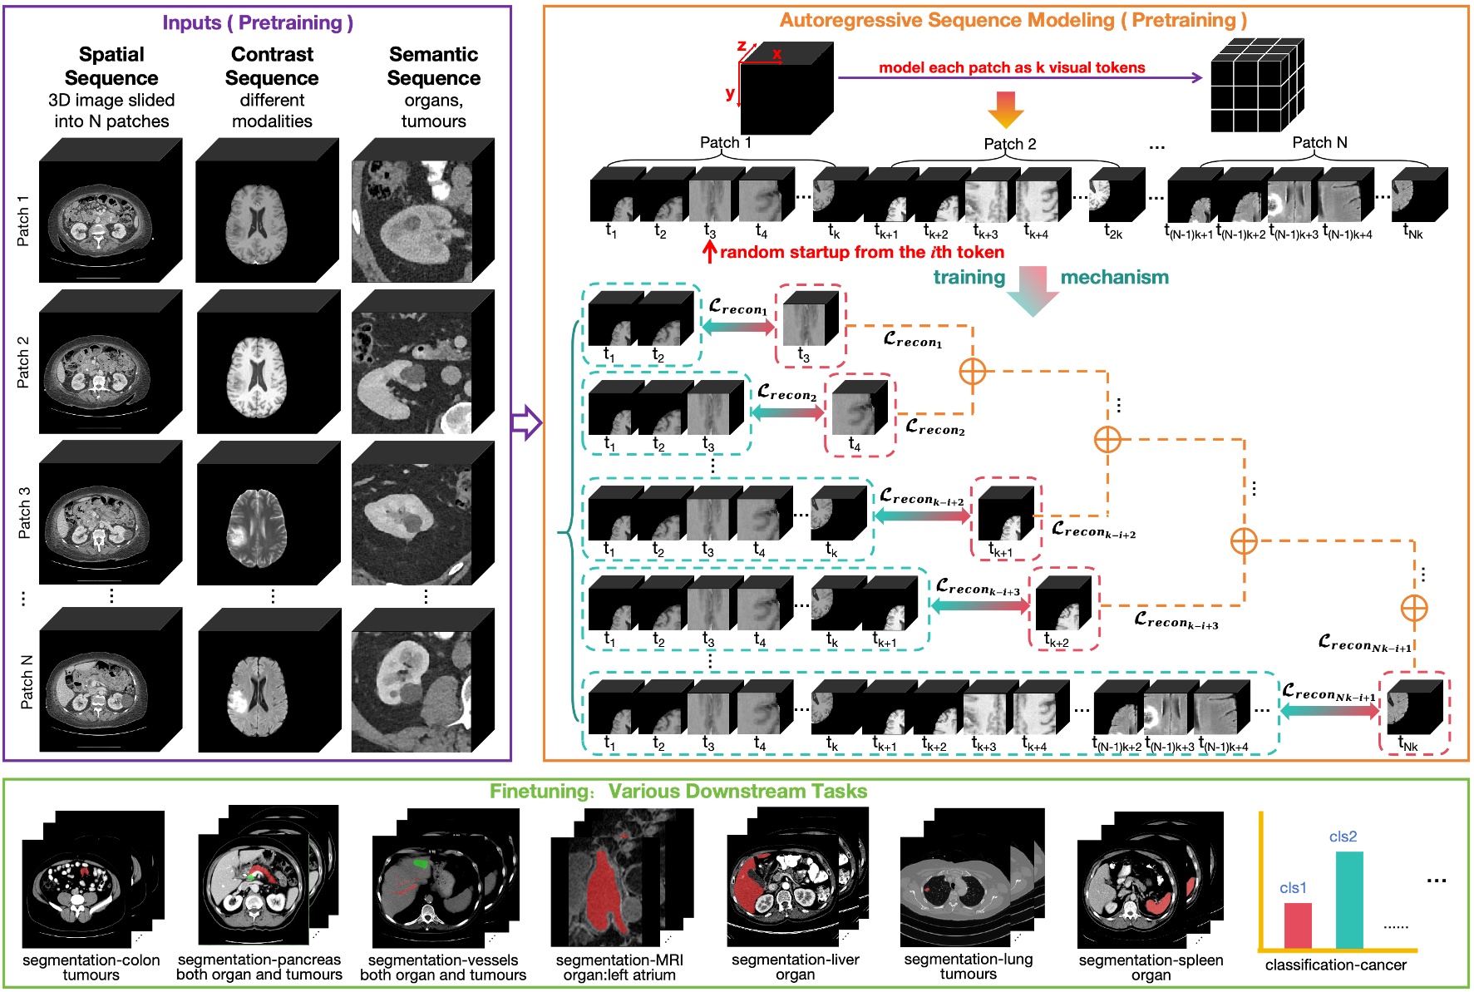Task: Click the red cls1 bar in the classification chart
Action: (1298, 925)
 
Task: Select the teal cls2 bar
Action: (1349, 899)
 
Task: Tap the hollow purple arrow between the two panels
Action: (526, 422)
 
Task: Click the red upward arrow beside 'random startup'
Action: (709, 251)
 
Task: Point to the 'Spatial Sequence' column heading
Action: (111, 66)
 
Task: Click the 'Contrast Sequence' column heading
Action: (272, 66)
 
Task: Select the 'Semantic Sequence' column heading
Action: (433, 66)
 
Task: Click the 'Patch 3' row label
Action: (23, 512)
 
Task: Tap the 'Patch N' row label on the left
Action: (26, 682)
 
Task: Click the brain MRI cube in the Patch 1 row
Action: (266, 212)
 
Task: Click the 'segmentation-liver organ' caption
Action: (795, 967)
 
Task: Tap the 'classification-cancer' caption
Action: (1335, 965)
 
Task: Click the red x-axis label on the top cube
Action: (776, 54)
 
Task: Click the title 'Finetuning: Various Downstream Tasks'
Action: (678, 791)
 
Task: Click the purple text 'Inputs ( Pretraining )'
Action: (258, 22)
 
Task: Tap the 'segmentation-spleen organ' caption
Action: (1151, 967)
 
